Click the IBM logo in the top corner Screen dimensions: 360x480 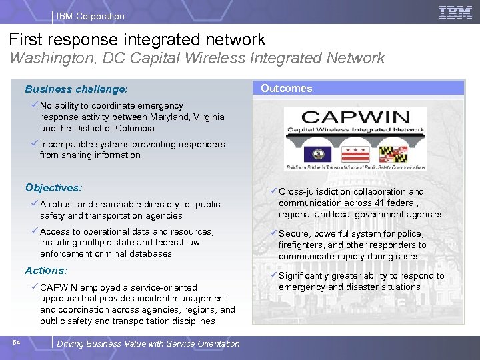(x=455, y=12)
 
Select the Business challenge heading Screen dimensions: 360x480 (x=76, y=89)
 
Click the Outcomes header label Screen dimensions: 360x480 (x=286, y=88)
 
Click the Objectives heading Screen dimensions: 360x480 (x=53, y=188)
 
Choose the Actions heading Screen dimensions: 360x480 (x=46, y=271)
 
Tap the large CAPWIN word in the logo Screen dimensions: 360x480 (x=355, y=114)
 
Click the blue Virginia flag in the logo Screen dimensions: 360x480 (x=313, y=155)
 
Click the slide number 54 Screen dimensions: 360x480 (x=17, y=342)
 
